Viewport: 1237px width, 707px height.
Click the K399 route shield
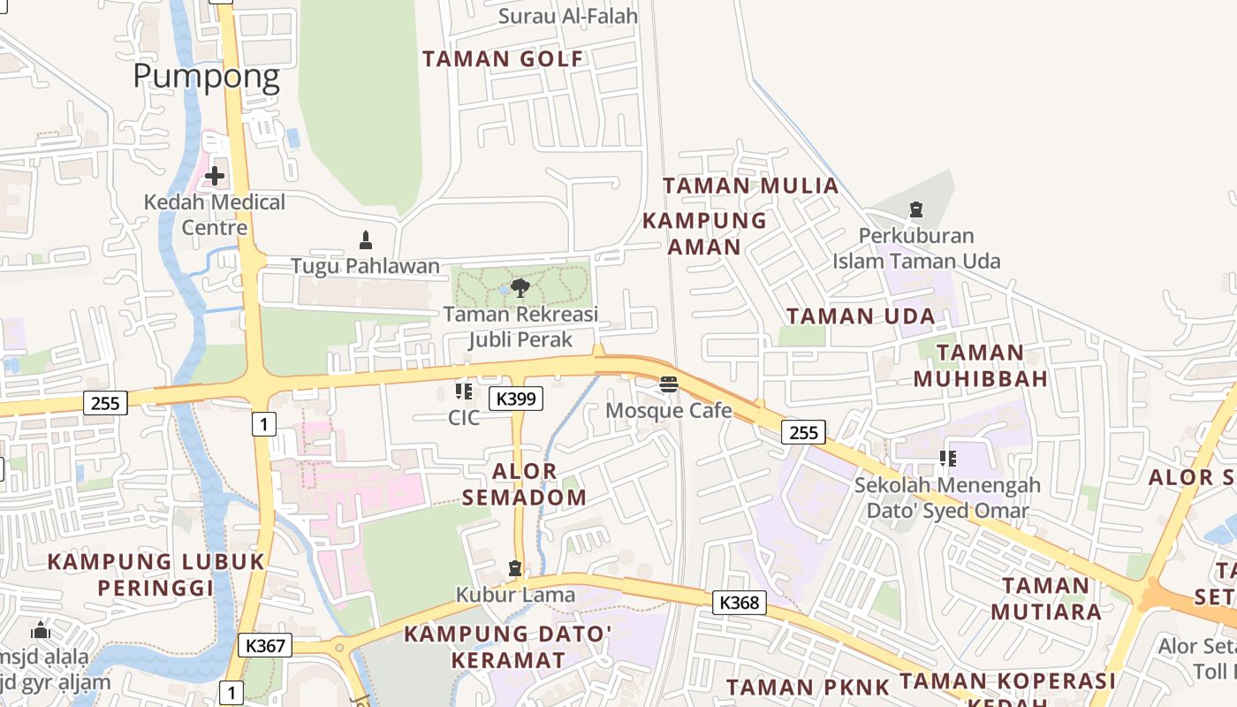coord(516,399)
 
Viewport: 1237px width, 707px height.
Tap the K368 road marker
coord(740,603)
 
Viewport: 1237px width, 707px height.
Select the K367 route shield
coord(265,645)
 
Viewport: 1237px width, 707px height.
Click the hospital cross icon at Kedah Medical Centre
coord(214,176)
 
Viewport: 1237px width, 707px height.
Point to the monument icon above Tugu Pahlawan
coord(365,239)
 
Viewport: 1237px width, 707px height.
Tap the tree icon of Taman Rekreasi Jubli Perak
coord(520,287)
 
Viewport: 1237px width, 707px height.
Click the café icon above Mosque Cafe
coord(668,384)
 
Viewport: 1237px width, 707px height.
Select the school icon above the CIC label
coord(464,391)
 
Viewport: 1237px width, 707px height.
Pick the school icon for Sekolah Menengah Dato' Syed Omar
coord(947,459)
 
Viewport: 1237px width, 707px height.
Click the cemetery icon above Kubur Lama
coord(515,567)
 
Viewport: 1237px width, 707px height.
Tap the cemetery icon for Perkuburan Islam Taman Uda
coord(916,209)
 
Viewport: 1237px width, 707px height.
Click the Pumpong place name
coord(206,76)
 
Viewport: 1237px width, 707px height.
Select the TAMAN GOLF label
coord(503,59)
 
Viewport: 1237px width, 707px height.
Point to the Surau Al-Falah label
coord(568,15)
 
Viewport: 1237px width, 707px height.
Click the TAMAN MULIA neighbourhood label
coord(750,186)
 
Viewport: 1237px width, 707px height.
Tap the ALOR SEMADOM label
coord(524,483)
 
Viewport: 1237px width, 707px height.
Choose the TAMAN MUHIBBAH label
coord(980,365)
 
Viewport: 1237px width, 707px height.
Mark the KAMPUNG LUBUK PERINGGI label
coord(156,574)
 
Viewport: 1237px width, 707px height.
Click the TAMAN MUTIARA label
coord(1046,598)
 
